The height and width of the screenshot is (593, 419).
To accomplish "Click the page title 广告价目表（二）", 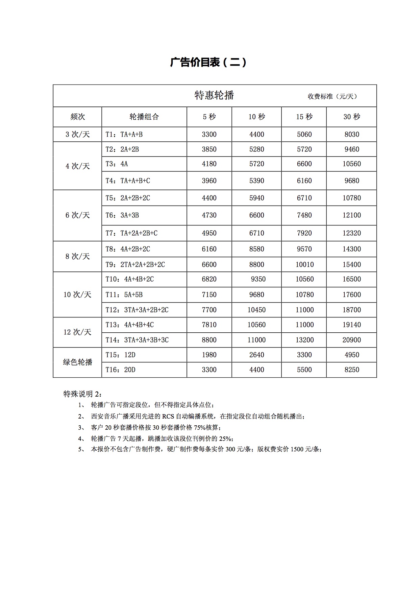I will [208, 62].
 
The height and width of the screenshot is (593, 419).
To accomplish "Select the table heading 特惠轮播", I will [214, 95].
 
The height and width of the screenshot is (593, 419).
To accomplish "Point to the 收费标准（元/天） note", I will [332, 96].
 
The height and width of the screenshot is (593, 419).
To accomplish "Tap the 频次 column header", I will [77, 117].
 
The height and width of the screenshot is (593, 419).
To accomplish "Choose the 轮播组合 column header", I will [144, 117].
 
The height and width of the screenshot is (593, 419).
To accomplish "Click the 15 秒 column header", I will [304, 117].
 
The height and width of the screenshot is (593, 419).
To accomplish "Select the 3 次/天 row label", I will [77, 135].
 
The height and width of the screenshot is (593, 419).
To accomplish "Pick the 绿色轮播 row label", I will [77, 362].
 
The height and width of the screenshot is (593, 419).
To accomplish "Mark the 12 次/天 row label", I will [77, 332].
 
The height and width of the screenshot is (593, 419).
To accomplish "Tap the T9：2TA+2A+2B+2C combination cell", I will [135, 265].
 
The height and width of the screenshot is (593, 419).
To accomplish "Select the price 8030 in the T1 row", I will [352, 135].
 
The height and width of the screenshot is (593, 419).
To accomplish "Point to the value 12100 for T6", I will [352, 215].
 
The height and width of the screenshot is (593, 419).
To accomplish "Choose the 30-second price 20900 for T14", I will [352, 340].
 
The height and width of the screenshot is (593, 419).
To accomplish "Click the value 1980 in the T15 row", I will [209, 355].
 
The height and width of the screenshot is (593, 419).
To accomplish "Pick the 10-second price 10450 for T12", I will [256, 310].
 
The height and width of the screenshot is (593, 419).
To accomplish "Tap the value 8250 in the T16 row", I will [352, 370].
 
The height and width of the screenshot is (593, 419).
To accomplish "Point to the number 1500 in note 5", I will [298, 450].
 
